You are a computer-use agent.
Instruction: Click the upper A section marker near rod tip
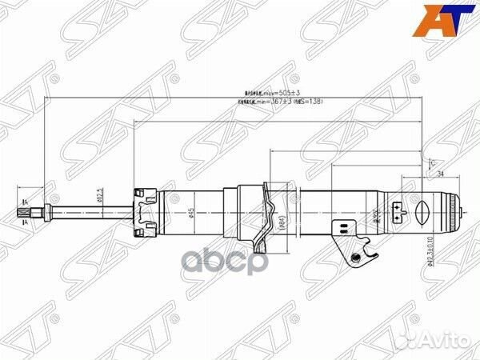coord(25,201)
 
